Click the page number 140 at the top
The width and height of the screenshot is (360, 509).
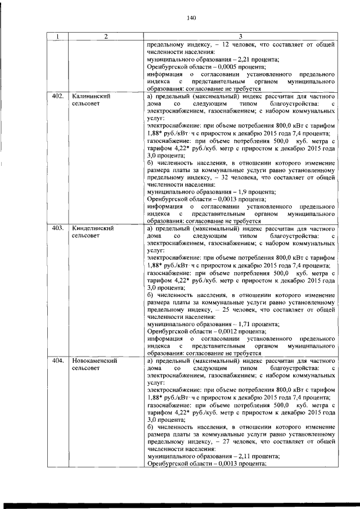(x=191, y=18)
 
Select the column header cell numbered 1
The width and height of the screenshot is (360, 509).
(x=57, y=37)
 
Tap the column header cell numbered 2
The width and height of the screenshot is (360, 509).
(x=106, y=37)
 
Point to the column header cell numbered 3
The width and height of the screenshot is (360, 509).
(x=240, y=37)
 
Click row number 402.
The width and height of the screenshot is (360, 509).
(x=57, y=96)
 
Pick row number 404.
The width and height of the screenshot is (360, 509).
(x=57, y=361)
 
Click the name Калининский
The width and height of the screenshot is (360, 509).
(x=91, y=96)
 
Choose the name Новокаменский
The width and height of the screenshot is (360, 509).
(x=94, y=361)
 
